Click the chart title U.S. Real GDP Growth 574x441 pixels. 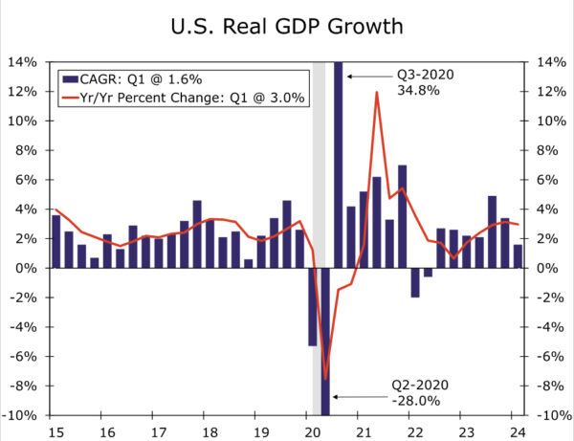click(286, 26)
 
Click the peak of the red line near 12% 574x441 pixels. click(377, 93)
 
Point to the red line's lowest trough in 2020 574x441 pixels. click(326, 380)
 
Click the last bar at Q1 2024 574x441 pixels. click(518, 256)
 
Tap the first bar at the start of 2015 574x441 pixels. click(55, 241)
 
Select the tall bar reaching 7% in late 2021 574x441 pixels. click(402, 216)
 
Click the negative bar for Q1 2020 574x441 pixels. click(312, 306)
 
